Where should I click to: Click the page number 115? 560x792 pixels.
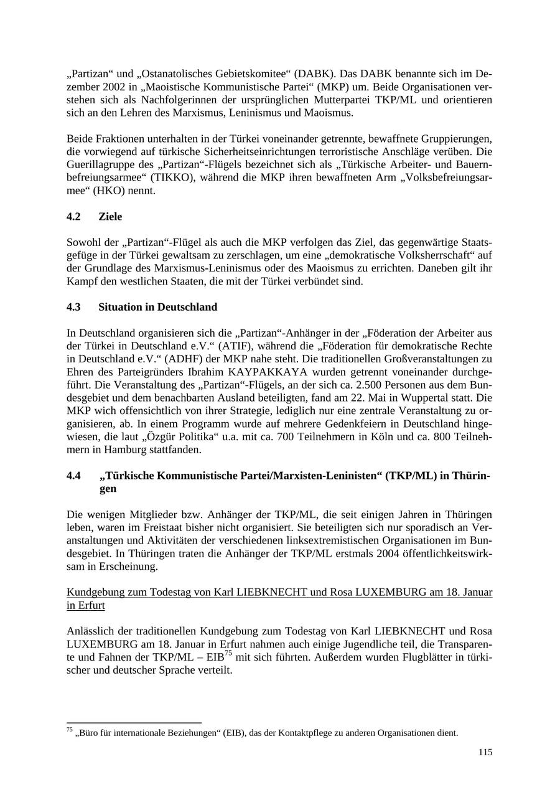485,752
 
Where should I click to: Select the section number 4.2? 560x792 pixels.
73,217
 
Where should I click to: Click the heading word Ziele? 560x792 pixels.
110,217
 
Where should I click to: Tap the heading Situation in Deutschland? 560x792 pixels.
157,307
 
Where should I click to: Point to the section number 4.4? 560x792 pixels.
73,476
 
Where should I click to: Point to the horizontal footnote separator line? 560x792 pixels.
134,723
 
